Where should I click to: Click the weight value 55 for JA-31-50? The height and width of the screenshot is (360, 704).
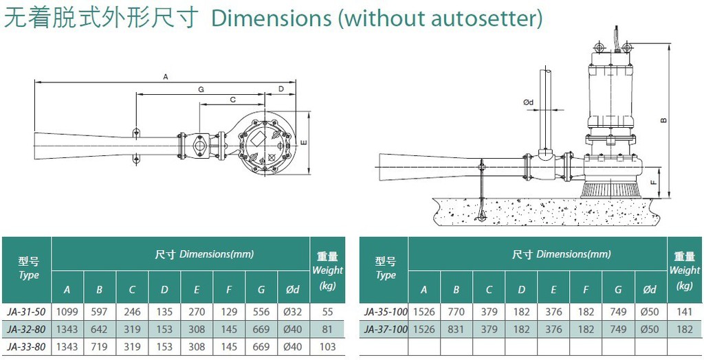pyautogui.click(x=328, y=312)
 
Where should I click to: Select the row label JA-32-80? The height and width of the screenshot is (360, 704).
pyautogui.click(x=27, y=330)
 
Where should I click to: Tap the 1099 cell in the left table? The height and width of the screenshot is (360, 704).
pyautogui.click(x=67, y=312)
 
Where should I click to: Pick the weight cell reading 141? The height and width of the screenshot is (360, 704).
pyautogui.click(x=685, y=312)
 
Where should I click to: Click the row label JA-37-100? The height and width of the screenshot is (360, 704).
pyautogui.click(x=385, y=330)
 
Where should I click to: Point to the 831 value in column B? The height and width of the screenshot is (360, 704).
pyautogui.click(x=456, y=330)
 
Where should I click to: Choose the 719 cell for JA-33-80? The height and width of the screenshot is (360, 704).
pyautogui.click(x=99, y=346)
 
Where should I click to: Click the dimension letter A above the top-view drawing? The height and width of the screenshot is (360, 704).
pyautogui.click(x=165, y=77)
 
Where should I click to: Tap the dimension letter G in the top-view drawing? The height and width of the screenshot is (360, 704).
pyautogui.click(x=201, y=89)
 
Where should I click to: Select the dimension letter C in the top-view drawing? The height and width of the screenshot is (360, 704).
pyautogui.click(x=232, y=100)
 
